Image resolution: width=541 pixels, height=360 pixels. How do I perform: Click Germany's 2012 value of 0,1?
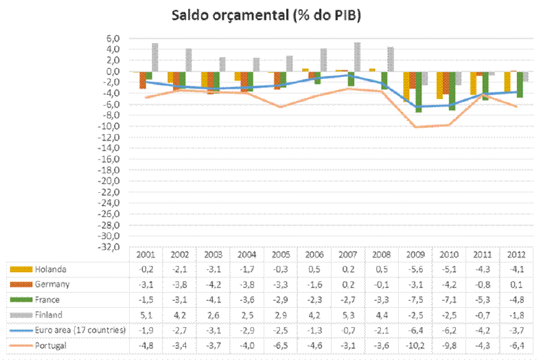[518, 284]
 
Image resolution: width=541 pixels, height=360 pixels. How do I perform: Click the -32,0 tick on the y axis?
[111, 247]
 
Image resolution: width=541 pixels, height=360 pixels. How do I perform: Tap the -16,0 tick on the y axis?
[111, 159]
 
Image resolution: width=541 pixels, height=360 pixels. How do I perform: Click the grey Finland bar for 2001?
[155, 57]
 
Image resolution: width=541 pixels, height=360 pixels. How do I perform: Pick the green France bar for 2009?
[418, 92]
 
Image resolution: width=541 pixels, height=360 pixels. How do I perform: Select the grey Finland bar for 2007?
[357, 56]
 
